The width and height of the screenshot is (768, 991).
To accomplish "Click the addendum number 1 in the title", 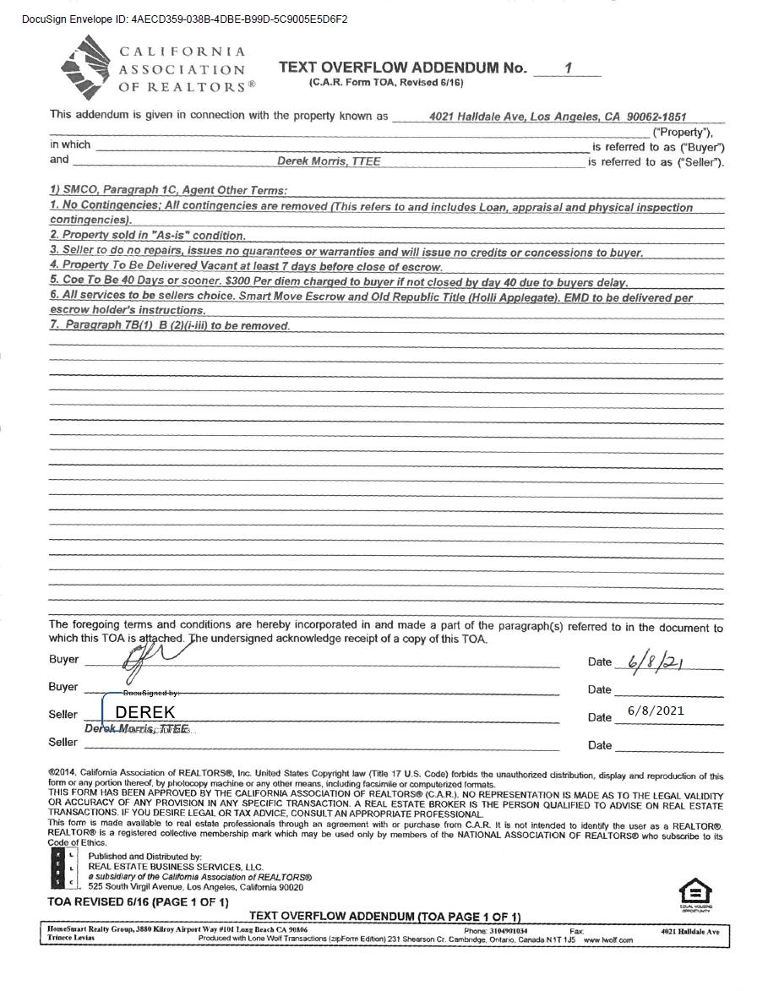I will pos(569,68).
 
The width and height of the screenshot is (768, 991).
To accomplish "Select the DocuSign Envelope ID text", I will pos(184,19).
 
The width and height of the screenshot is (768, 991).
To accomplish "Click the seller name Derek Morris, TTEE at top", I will pos(329,161).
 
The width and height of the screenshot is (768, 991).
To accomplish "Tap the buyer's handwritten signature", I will pos(156,656).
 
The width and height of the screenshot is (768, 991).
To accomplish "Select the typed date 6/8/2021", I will pos(656,711).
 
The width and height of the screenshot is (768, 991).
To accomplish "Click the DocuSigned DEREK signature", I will pos(144,712).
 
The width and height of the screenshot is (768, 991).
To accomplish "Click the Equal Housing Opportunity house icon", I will pos(695,893).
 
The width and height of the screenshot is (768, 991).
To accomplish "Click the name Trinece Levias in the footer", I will pos(71,939).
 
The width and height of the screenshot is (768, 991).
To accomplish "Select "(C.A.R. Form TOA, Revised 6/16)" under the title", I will pos(386,82).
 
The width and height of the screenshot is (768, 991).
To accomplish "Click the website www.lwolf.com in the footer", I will pos(607,939).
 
